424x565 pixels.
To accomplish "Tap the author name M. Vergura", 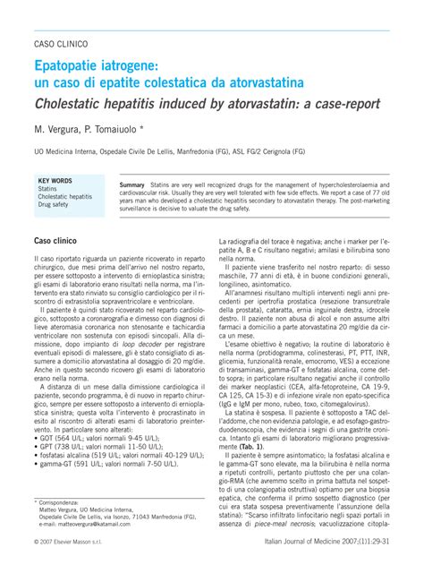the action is [60, 129].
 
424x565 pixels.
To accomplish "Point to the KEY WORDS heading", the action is [55, 180].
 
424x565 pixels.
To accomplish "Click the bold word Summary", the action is [131, 184].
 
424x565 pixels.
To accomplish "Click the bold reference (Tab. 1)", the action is [252, 396].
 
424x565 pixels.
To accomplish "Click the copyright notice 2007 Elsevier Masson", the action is [72, 544].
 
